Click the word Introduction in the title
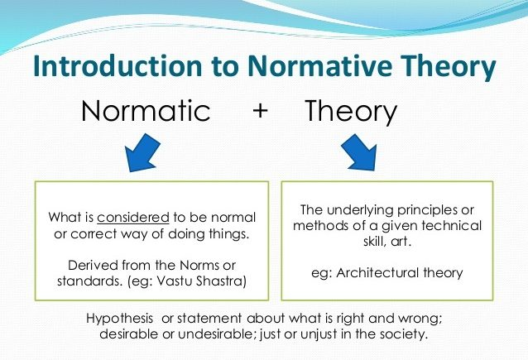tap(118, 65)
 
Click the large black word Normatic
tap(146, 110)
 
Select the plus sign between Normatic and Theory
tap(261, 111)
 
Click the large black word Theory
tap(351, 112)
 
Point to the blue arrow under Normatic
tap(142, 152)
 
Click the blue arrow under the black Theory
tap(359, 152)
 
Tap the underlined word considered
tap(133, 218)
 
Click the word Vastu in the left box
tap(175, 281)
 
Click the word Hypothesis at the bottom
tap(119, 319)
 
